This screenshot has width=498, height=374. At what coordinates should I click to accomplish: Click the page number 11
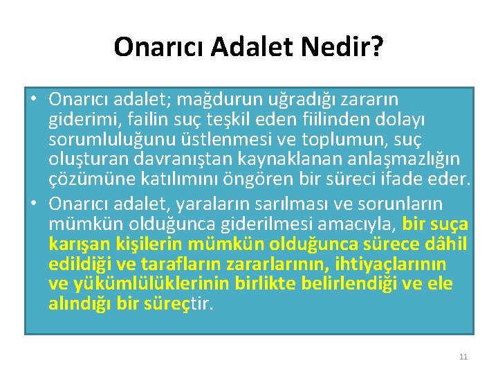click(x=463, y=357)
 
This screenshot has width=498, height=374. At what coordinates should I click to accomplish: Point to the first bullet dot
click(x=33, y=100)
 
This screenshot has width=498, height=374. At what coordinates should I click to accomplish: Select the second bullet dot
click(x=33, y=204)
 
